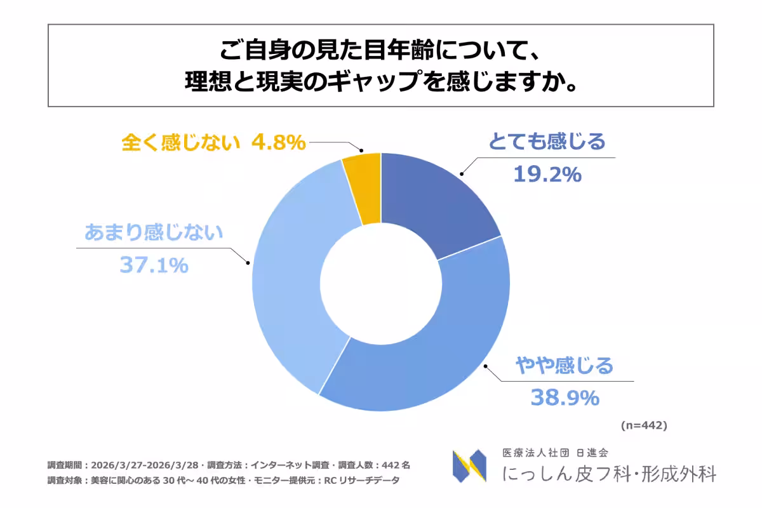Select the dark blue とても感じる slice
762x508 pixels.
[x=438, y=197]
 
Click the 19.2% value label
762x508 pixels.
[x=547, y=174]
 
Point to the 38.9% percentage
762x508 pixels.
[x=565, y=398]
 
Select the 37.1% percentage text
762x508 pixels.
[x=154, y=265]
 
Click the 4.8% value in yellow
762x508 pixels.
[x=278, y=142]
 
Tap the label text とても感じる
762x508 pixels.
[x=547, y=142]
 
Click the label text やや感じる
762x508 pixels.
[x=565, y=366]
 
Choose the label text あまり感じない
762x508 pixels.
[x=154, y=232]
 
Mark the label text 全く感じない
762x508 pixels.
[x=181, y=142]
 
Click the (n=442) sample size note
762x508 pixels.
[x=643, y=425]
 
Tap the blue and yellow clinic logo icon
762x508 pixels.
[x=469, y=465]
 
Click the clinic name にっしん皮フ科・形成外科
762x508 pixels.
[x=609, y=474]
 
